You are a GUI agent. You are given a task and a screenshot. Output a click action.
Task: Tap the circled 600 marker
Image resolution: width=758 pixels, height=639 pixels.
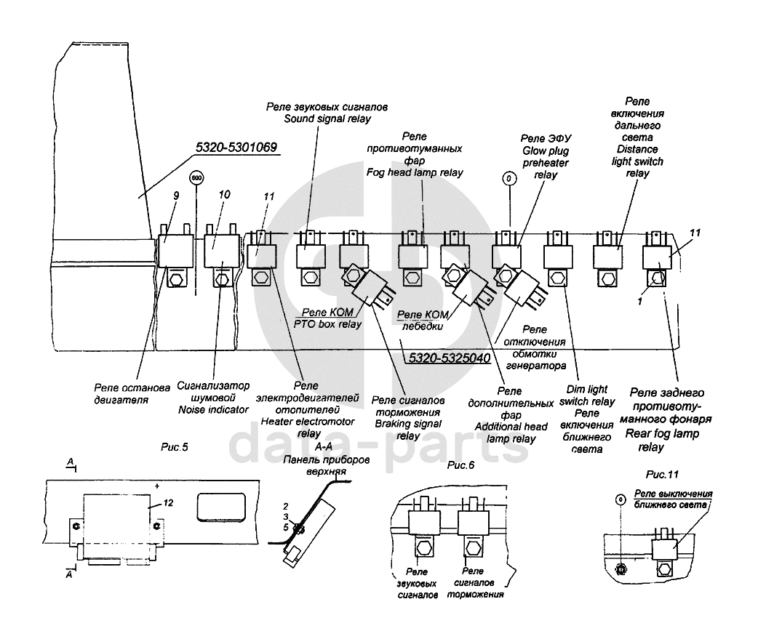pyautogui.click(x=196, y=178)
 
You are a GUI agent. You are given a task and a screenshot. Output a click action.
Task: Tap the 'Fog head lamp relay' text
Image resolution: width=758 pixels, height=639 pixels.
pyautogui.click(x=415, y=173)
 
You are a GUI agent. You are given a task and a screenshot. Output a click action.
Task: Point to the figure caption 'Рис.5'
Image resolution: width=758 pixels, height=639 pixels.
pyautogui.click(x=174, y=446)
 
